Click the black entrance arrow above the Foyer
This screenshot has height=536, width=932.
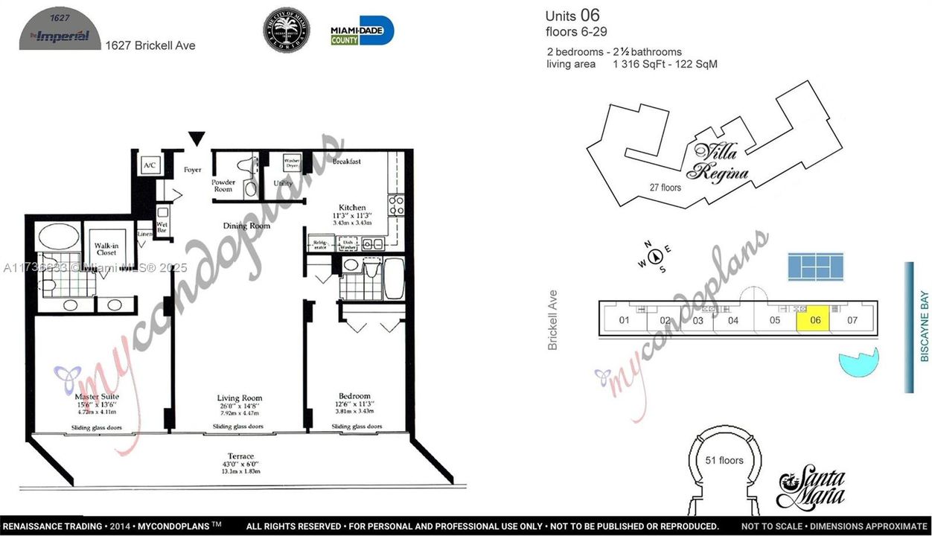coord(196,138)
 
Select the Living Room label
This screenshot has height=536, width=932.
coord(239,398)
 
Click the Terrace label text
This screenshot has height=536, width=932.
coord(240,456)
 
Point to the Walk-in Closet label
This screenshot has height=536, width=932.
coord(106,248)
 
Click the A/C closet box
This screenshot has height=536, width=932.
coord(149,165)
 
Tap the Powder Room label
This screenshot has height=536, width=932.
coord(223,185)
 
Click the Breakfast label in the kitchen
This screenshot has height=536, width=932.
coord(347,161)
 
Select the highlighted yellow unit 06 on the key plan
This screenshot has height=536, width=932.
coord(814,320)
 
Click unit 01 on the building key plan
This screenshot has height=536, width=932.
coord(624,321)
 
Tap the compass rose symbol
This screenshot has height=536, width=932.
coord(656,257)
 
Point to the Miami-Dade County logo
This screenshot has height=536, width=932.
coord(362,31)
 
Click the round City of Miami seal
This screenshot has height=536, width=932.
coord(287,30)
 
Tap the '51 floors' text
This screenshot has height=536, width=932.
coord(724,460)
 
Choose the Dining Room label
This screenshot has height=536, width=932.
coord(246,225)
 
